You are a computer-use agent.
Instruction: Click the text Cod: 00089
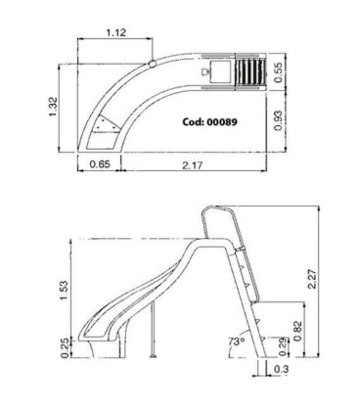[x=216, y=125]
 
